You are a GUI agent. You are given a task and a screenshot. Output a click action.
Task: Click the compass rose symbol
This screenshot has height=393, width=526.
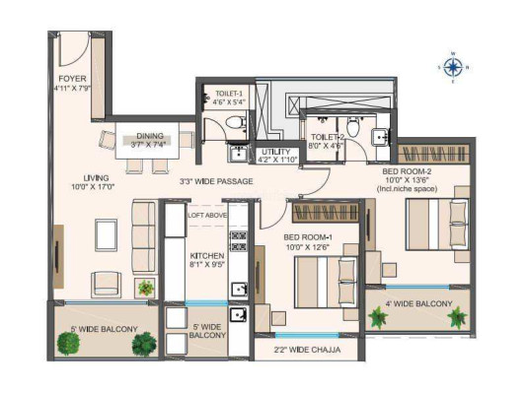click(x=453, y=68)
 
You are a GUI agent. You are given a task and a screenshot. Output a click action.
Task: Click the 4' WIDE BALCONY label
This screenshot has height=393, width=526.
click(x=419, y=303)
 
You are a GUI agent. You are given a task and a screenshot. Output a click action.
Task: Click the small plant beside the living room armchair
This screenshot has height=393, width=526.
click(x=145, y=288)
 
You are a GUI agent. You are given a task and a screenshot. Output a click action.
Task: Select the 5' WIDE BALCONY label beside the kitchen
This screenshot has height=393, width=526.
click(x=207, y=331)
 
